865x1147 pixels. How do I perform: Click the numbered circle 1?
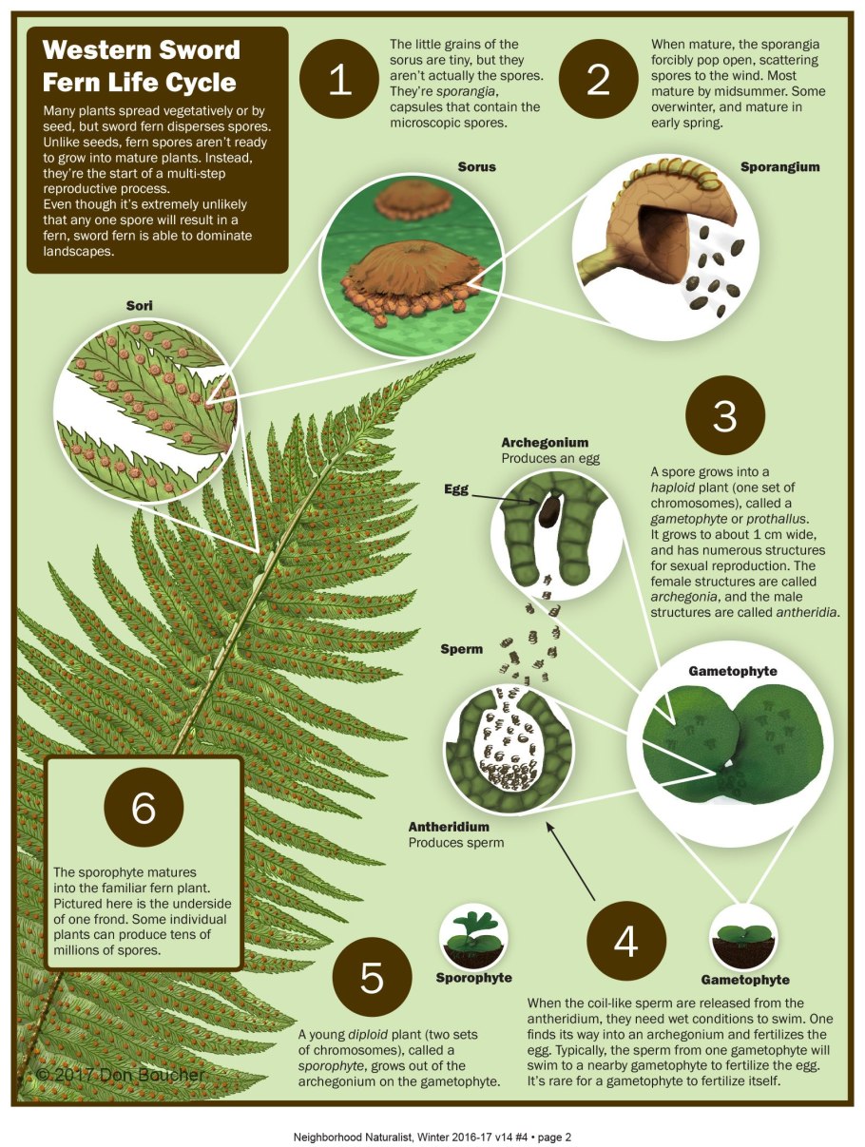coord(338,79)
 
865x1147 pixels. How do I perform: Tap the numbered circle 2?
coord(598,79)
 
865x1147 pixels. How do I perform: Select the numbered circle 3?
coord(724,415)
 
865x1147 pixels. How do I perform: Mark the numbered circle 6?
coord(144,807)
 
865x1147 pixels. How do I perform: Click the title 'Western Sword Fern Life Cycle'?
coord(141,66)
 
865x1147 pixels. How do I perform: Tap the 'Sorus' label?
coord(476,167)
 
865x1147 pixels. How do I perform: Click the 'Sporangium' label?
coord(779,167)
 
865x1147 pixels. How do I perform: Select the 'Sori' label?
coord(140,306)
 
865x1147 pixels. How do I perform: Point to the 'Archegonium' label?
coord(545,443)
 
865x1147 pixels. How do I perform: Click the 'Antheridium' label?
coord(449,827)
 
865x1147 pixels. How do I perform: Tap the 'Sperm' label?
coord(462,649)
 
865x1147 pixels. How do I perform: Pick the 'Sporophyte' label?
coord(474,978)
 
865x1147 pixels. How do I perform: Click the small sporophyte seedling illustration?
coord(473,936)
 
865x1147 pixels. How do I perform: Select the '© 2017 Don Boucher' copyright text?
coord(121,1075)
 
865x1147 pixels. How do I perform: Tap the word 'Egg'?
coord(456,489)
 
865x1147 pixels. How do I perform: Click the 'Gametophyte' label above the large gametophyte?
coord(733,671)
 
